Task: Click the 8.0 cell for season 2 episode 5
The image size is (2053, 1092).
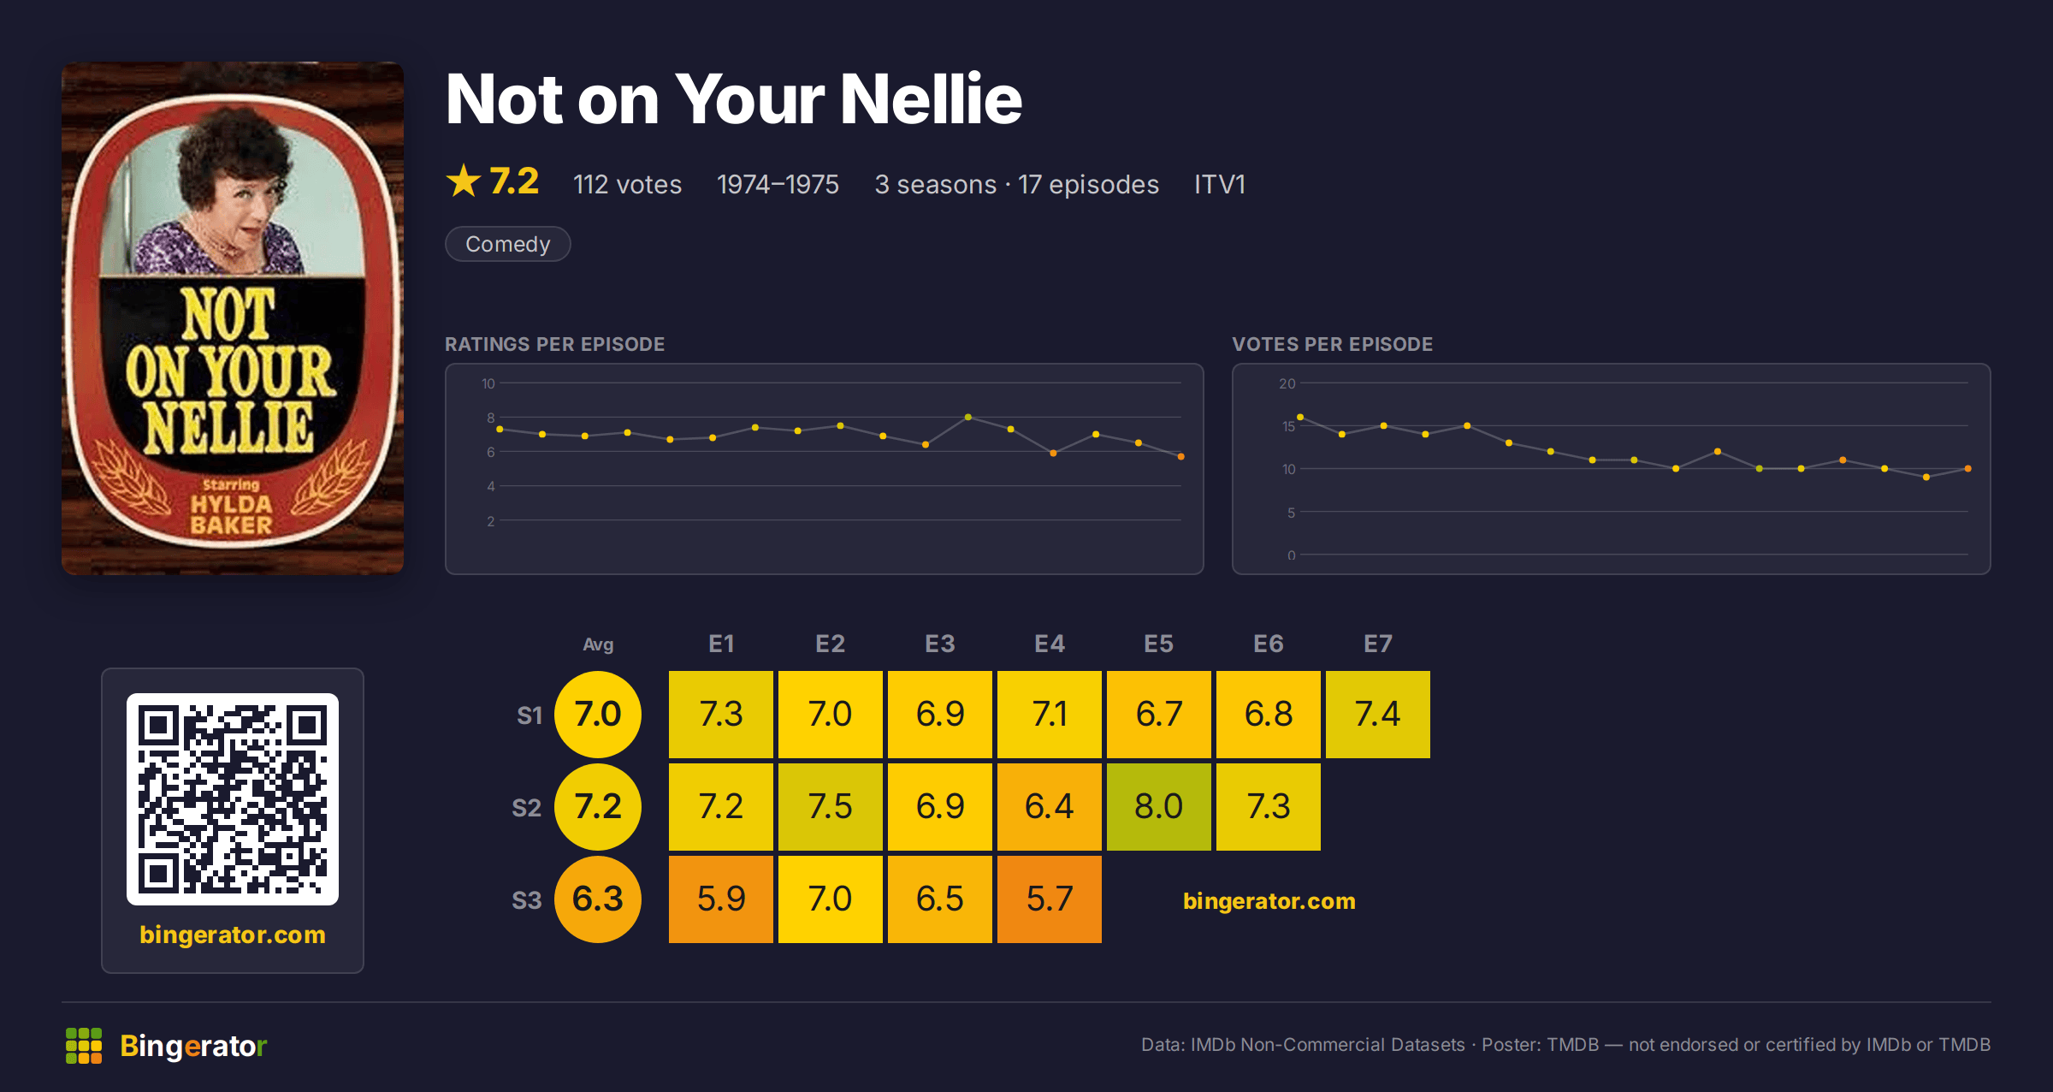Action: pos(1158,806)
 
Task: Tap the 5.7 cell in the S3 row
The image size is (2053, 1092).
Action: pos(1049,899)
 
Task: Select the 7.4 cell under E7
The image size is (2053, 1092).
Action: pos(1377,714)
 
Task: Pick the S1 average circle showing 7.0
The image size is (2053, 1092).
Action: pos(598,714)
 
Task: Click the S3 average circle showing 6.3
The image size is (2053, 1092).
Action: pos(598,899)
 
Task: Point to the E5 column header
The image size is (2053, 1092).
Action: pos(1158,644)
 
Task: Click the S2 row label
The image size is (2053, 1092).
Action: pos(526,807)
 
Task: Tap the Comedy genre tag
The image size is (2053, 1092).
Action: pos(507,244)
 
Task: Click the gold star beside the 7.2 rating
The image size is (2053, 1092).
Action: pos(464,181)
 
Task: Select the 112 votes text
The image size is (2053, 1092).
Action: pos(627,184)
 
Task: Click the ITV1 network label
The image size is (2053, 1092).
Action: pos(1219,184)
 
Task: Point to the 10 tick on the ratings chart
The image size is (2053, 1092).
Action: pos(488,383)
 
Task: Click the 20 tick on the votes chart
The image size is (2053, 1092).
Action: pos(1287,383)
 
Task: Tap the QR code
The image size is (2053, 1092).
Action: pos(233,799)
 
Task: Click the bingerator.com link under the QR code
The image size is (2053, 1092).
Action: pos(233,935)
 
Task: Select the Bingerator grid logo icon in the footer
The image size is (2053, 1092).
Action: pos(84,1046)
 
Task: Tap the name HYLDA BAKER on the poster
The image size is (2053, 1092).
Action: pos(231,514)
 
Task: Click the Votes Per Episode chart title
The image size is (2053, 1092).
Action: pos(1332,344)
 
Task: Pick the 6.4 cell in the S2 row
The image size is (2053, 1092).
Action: pos(1049,806)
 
